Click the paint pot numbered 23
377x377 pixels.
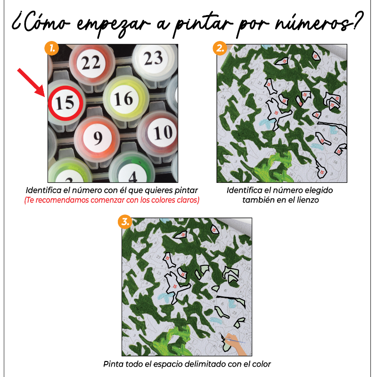[153, 59]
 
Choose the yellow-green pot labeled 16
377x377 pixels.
[123, 99]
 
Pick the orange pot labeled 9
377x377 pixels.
[98, 137]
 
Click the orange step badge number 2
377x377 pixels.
[219, 48]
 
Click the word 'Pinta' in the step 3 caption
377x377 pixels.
[113, 364]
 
